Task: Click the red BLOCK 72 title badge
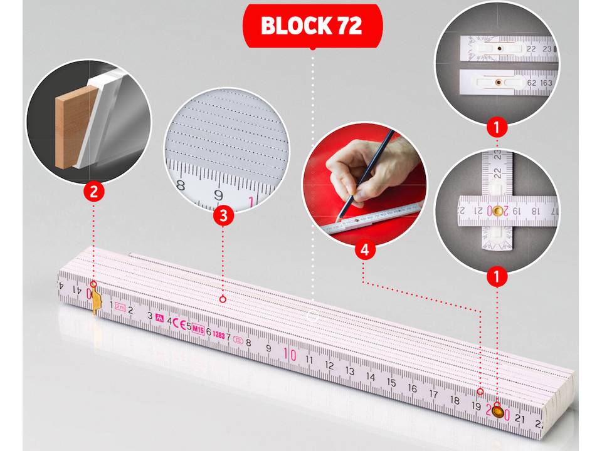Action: click(312, 26)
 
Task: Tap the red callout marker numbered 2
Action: click(93, 192)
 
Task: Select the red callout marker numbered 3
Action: click(223, 217)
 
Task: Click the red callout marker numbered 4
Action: click(364, 250)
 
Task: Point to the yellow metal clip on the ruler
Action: click(96, 301)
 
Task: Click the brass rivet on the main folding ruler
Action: click(498, 412)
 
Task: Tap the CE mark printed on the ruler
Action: click(179, 324)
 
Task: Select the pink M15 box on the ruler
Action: click(198, 329)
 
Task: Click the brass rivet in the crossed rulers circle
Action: click(497, 212)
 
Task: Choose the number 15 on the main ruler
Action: click(391, 383)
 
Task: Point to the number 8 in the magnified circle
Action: click(181, 185)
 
